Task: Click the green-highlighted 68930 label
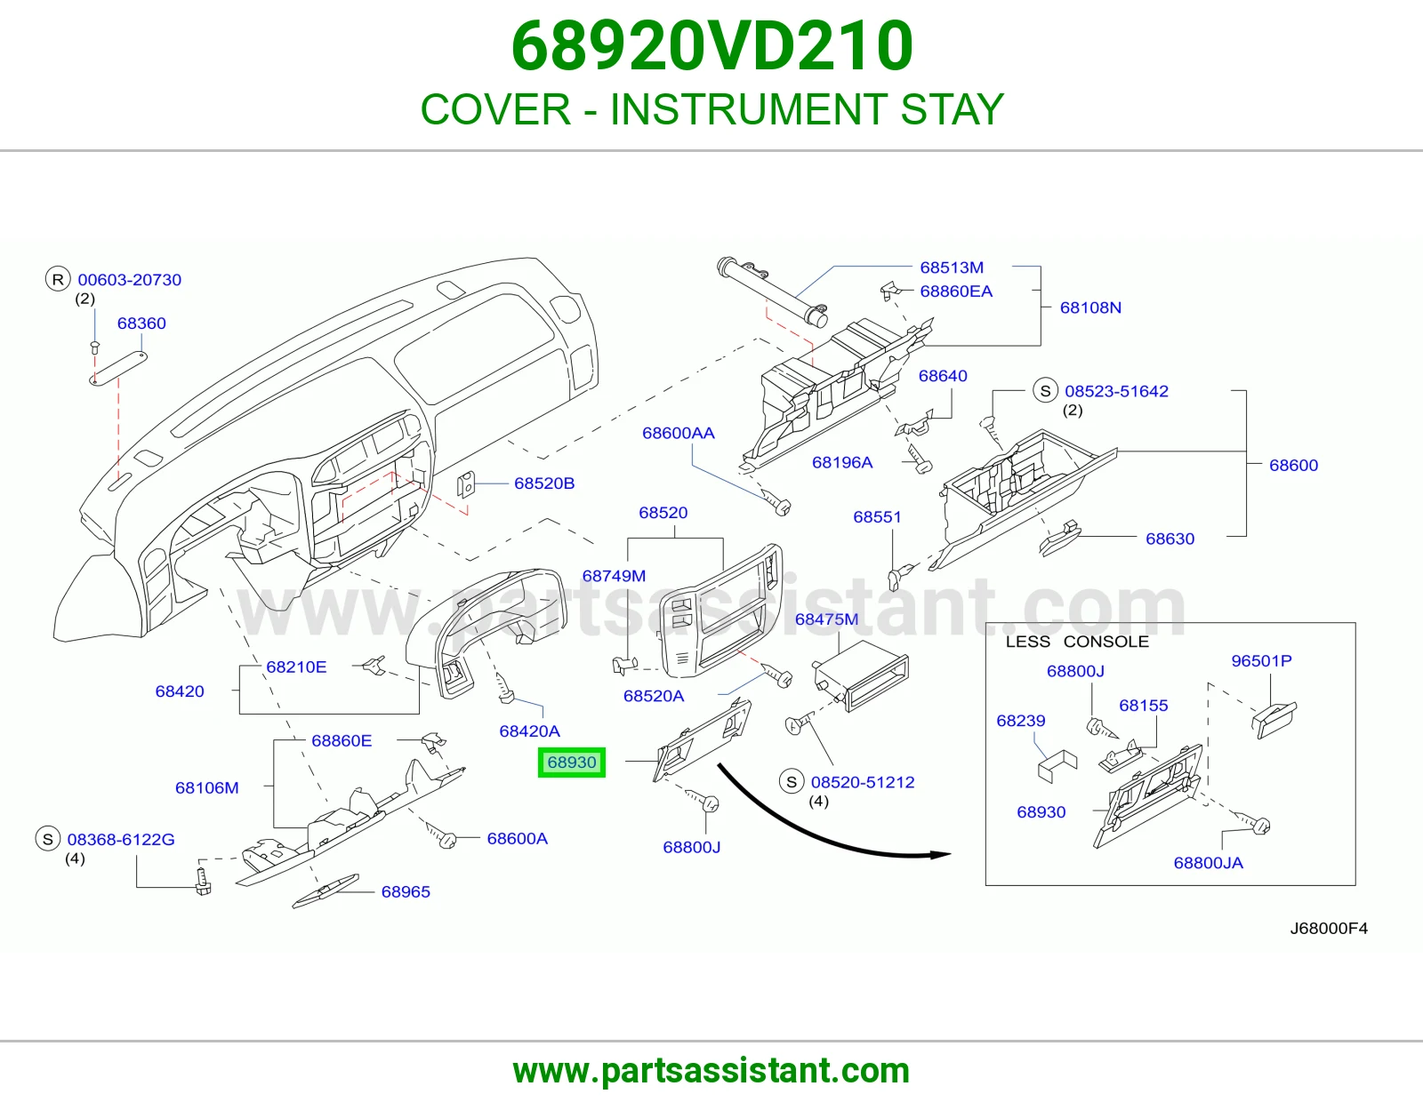(x=572, y=763)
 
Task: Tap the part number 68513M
(x=952, y=268)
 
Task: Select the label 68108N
(x=1090, y=307)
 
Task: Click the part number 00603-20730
(x=130, y=280)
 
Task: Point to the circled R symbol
(x=58, y=279)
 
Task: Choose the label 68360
(x=141, y=323)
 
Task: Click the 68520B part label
(x=544, y=483)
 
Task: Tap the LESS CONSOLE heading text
(x=1077, y=642)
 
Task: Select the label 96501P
(x=1261, y=661)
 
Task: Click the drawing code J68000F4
(x=1329, y=928)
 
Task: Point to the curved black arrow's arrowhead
(x=941, y=855)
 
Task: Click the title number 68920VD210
(x=711, y=46)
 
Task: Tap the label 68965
(x=406, y=892)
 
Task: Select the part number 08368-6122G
(x=121, y=840)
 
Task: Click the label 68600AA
(x=679, y=433)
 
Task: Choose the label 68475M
(x=826, y=619)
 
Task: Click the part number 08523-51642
(x=1116, y=391)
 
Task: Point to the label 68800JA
(x=1208, y=863)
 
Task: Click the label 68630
(x=1170, y=539)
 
